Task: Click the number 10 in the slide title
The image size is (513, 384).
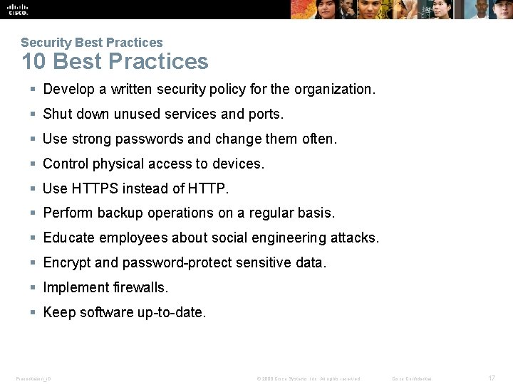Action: pos(33,61)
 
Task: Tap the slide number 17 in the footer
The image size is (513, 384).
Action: pos(492,378)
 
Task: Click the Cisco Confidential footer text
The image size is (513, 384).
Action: pos(412,378)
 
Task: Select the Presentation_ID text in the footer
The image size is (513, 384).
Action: pos(33,378)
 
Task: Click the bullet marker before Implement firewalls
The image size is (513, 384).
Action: pos(33,287)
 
